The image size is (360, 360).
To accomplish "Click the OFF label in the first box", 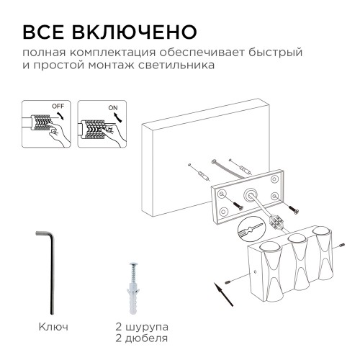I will [58, 107].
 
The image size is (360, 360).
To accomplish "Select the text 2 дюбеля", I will [140, 338].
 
